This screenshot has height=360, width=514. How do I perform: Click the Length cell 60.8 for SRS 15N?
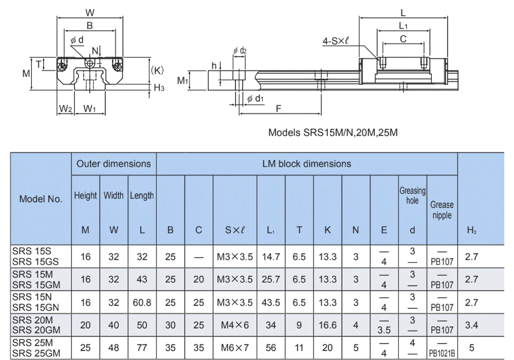[141, 302]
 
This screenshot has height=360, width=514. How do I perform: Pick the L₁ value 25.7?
[270, 279]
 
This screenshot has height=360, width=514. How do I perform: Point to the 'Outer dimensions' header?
[114, 164]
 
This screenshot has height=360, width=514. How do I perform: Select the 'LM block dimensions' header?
[306, 164]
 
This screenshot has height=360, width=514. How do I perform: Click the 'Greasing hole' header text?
[412, 195]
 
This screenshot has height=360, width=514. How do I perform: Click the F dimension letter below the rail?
[278, 109]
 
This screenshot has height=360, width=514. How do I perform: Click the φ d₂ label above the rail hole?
[239, 51]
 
